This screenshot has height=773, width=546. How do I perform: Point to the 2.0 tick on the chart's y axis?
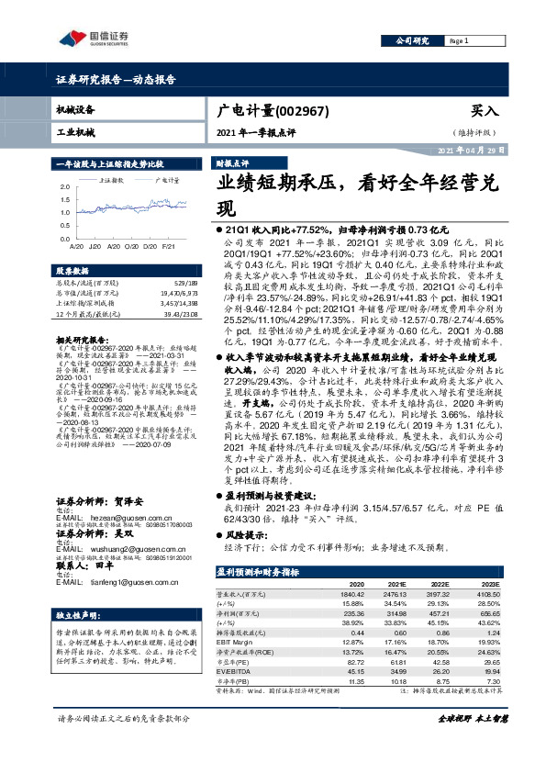pos(63,187)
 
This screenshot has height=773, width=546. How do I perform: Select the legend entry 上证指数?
pos(114,182)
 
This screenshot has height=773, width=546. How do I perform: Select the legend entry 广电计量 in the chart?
pos(165,182)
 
